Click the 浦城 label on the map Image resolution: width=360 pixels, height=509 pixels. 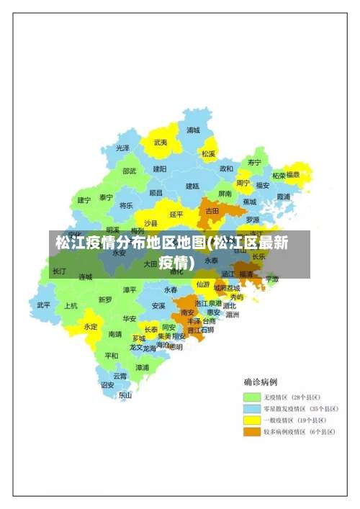click(x=193, y=130)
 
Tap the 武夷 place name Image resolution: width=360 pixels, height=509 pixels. click(x=161, y=143)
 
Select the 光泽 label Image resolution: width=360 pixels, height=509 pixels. click(x=123, y=148)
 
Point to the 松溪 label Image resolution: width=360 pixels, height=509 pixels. click(x=209, y=153)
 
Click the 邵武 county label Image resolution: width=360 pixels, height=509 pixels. click(x=129, y=171)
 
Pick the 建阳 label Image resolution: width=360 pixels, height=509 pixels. click(x=160, y=168)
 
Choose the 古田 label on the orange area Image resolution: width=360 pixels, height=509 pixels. click(x=212, y=211)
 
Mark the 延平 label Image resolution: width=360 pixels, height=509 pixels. click(x=176, y=214)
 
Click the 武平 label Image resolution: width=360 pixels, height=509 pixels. click(x=44, y=305)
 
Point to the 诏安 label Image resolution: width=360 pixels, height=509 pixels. click(x=107, y=384)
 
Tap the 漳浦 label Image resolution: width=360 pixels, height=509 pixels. click(x=143, y=367)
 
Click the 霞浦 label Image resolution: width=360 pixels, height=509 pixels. click(x=283, y=196)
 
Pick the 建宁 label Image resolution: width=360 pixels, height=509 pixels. click(x=84, y=199)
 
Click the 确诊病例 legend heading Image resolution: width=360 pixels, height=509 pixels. click(x=261, y=382)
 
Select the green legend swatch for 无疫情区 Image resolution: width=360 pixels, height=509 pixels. click(x=251, y=397)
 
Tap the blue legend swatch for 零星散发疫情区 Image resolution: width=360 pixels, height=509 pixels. click(x=251, y=408)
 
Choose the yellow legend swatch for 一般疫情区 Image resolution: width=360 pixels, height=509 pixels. click(x=251, y=420)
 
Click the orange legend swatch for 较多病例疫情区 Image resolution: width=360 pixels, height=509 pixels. click(x=251, y=431)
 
